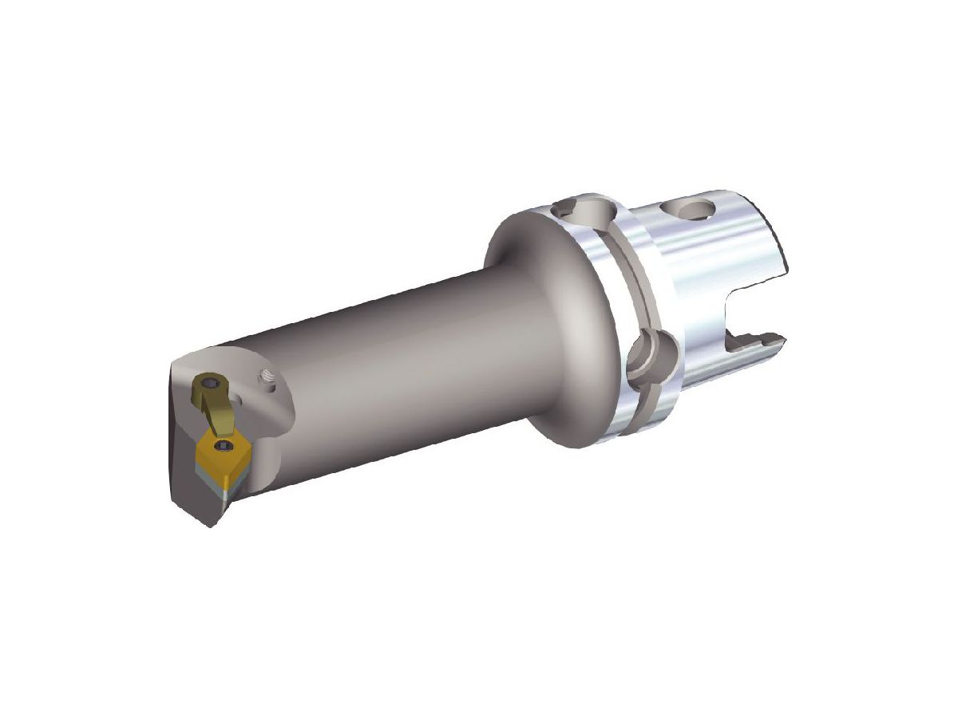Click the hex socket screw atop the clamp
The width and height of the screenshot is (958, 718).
[x=211, y=385]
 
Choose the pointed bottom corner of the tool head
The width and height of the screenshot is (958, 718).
[x=211, y=523]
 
